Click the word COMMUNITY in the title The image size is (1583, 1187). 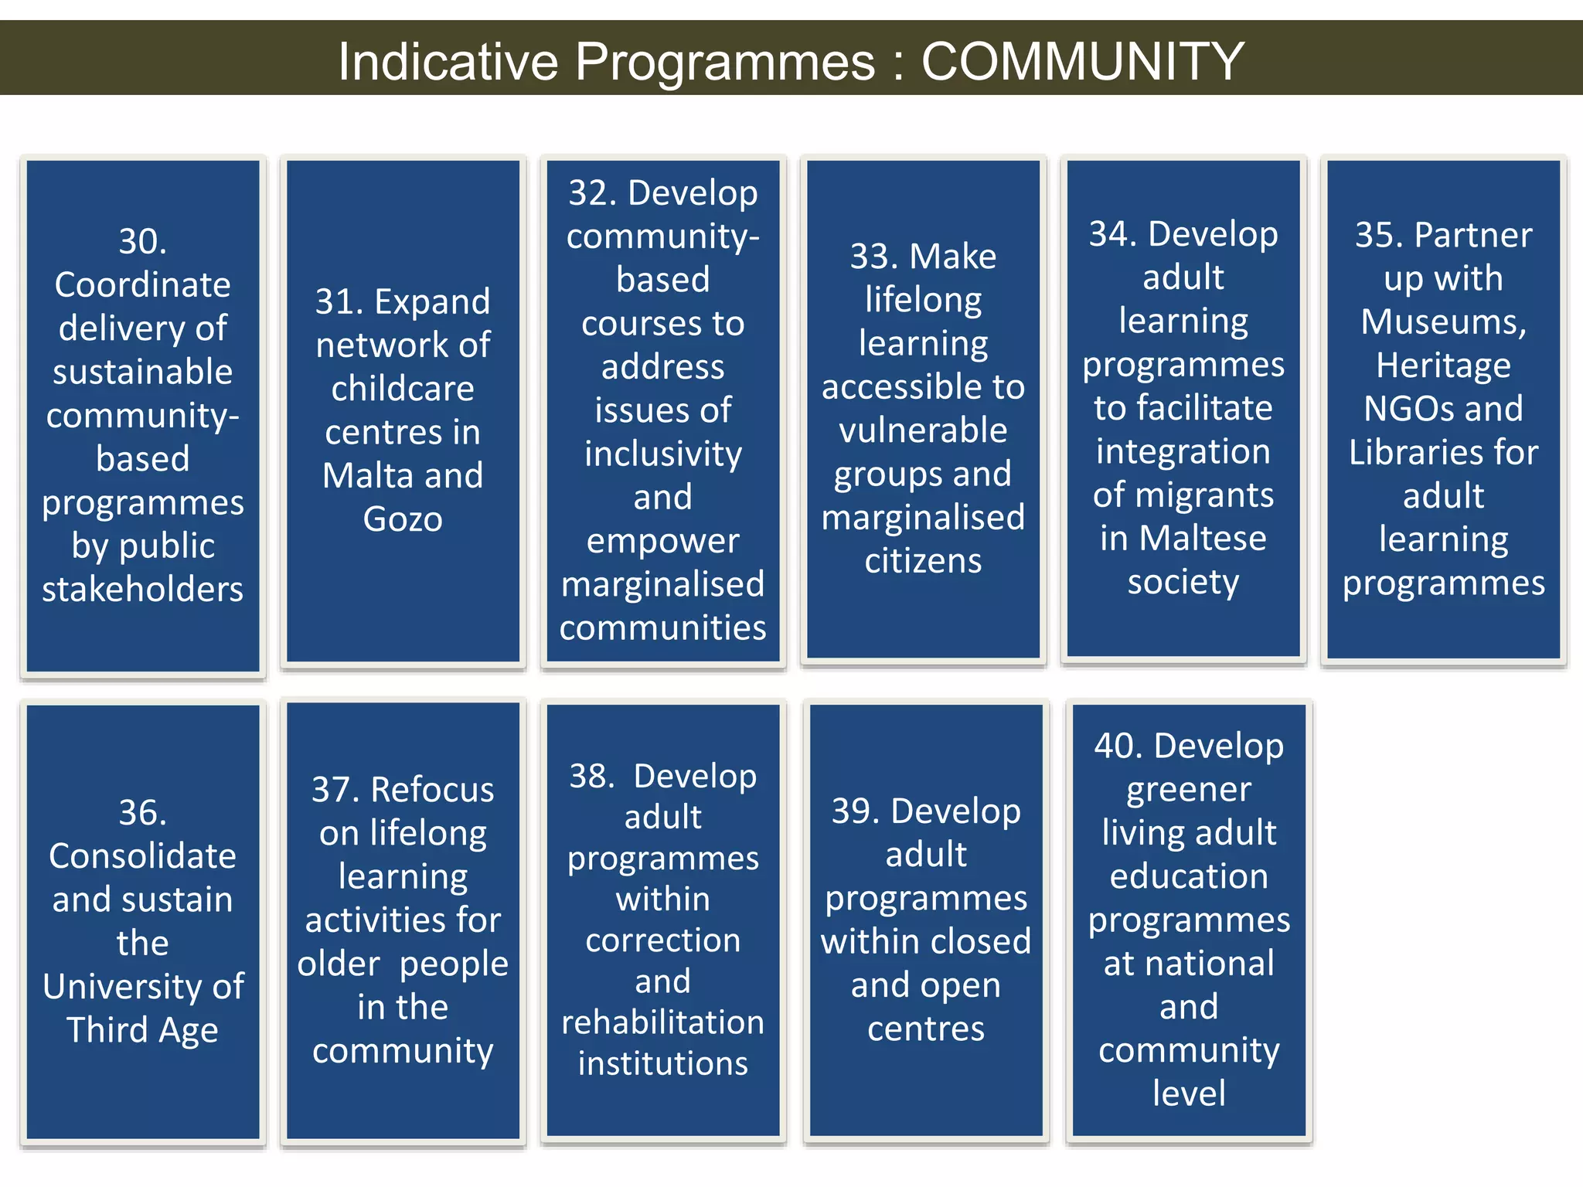pyautogui.click(x=1082, y=61)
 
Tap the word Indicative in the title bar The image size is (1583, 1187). pyautogui.click(x=448, y=61)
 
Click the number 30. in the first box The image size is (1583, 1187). pyautogui.click(x=142, y=241)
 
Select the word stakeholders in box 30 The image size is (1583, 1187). pyautogui.click(x=142, y=590)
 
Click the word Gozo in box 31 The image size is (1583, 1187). pyautogui.click(x=403, y=519)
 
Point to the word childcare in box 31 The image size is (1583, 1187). pyautogui.click(x=403, y=389)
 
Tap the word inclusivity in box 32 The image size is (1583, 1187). pyautogui.click(x=662, y=454)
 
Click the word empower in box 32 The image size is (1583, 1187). pyautogui.click(x=662, y=541)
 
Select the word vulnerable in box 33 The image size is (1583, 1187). pyautogui.click(x=923, y=430)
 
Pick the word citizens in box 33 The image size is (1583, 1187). pyautogui.click(x=923, y=561)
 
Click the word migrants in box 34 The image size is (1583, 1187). pyautogui.click(x=1221, y=495)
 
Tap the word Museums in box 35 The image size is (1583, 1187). pyautogui.click(x=1442, y=322)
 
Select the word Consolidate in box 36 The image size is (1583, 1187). pyautogui.click(x=142, y=856)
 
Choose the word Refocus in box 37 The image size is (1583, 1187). pyautogui.click(x=432, y=790)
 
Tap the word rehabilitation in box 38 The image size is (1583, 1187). pyautogui.click(x=662, y=1022)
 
